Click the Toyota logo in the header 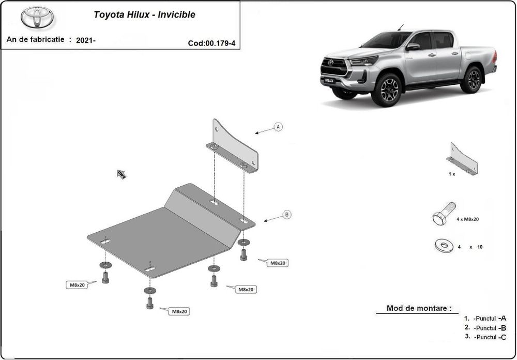[x=37, y=18]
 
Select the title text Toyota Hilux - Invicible [x=144, y=14]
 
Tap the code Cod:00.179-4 [x=211, y=43]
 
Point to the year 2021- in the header [x=85, y=40]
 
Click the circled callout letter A [x=278, y=127]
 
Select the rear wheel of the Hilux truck [x=471, y=80]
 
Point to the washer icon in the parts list [x=444, y=246]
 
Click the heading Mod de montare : [x=416, y=309]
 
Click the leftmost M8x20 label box [x=75, y=284]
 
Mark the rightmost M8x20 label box [x=277, y=263]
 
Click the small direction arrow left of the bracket [x=121, y=174]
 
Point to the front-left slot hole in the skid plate [x=105, y=242]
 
